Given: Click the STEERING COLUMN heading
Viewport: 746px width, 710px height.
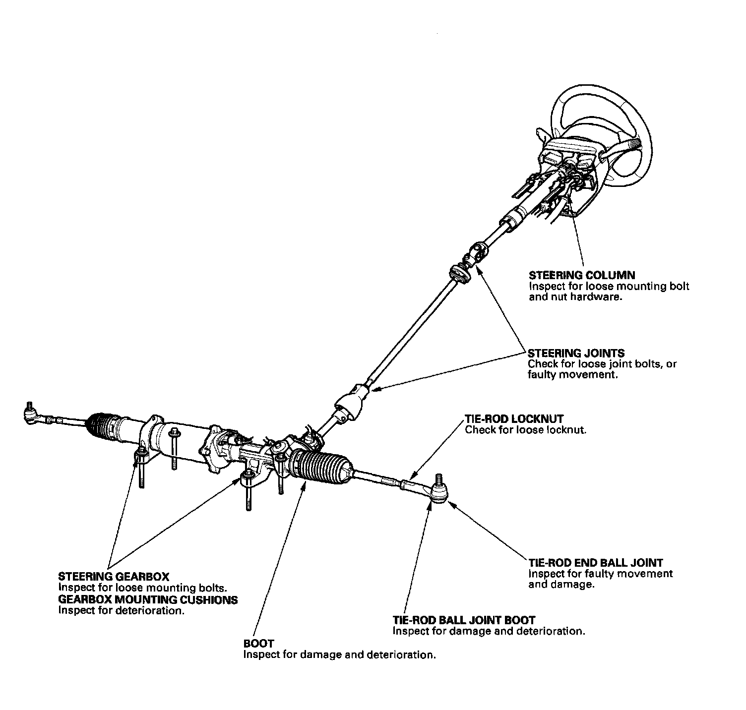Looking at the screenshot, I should (581, 275).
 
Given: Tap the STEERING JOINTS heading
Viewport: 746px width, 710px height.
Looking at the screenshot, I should (576, 353).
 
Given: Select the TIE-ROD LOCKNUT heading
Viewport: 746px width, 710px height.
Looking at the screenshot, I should (514, 419).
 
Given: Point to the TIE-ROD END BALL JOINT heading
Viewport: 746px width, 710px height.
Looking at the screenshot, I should (595, 563).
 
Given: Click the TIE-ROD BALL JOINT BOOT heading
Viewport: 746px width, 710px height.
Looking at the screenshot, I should (464, 620).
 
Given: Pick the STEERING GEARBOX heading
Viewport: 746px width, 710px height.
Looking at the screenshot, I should (114, 577).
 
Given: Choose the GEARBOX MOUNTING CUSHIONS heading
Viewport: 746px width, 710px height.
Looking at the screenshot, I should (148, 599).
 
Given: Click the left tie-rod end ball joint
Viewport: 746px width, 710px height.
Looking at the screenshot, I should (31, 414).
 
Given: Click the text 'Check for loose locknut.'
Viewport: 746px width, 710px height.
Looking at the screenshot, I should (525, 430).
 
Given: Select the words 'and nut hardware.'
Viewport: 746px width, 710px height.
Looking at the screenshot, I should (574, 298).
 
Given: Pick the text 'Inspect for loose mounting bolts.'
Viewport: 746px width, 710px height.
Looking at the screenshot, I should (142, 588).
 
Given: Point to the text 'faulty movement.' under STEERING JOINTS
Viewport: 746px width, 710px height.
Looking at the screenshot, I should (572, 375).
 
